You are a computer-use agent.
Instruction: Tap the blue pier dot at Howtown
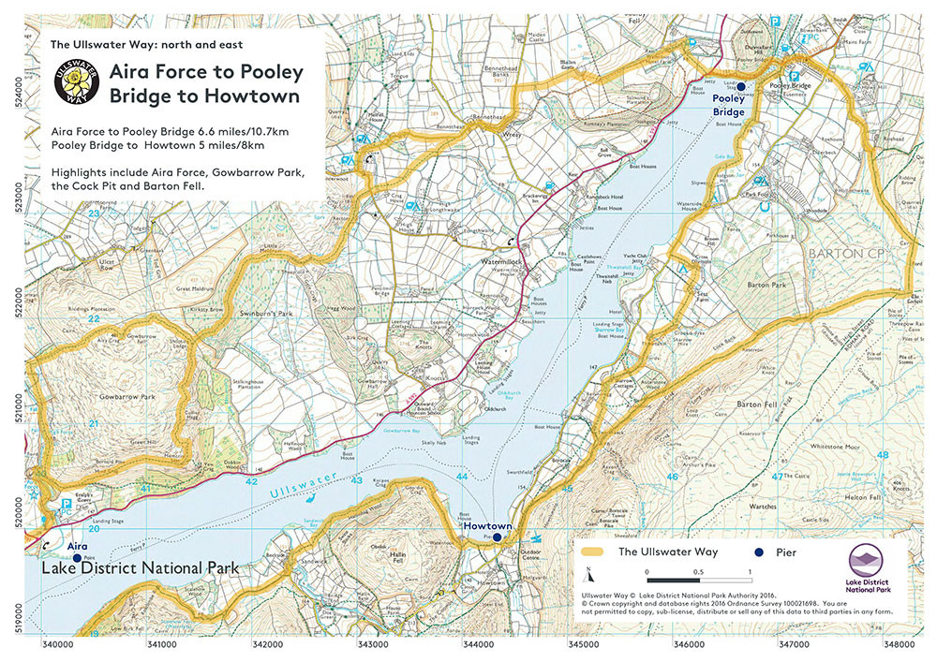coord(498,538)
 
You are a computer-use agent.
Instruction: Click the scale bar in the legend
coord(698,571)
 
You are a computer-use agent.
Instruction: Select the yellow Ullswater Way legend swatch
coord(595,552)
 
